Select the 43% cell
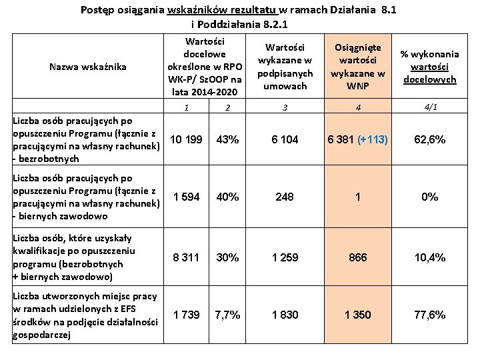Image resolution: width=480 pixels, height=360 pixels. [x=228, y=140]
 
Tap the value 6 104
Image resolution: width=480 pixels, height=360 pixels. [x=285, y=140]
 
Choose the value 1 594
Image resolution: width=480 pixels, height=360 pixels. [x=185, y=197]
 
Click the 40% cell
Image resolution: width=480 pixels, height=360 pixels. [x=228, y=197]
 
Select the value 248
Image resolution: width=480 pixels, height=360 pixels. [x=285, y=197]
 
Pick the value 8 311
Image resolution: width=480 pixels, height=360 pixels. [x=185, y=258]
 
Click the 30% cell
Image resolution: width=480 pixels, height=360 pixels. [x=228, y=258]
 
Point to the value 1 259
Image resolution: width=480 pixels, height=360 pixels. [x=285, y=258]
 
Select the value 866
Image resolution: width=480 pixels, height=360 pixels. [x=358, y=258]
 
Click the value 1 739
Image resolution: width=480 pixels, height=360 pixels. [x=185, y=315]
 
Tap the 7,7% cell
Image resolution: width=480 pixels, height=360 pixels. [x=228, y=315]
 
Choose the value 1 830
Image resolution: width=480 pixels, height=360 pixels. [x=285, y=315]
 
